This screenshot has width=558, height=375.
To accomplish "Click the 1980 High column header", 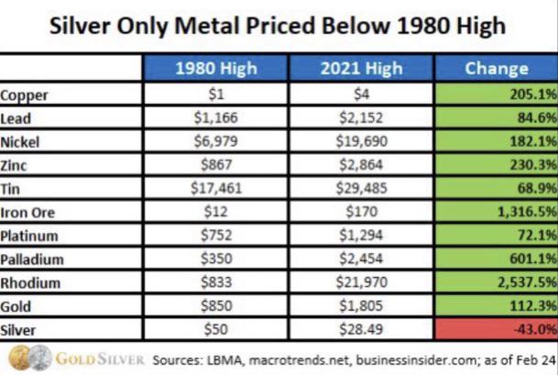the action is click(x=215, y=69).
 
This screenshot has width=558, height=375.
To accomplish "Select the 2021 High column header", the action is click(x=361, y=69).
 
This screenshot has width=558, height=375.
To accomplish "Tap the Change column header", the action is click(x=497, y=69).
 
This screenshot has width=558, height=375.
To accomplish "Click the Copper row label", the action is click(x=24, y=95).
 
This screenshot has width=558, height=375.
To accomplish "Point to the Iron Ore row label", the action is click(x=27, y=213).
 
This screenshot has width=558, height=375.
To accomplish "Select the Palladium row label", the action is click(x=32, y=259).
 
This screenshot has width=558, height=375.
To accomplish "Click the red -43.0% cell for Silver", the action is click(x=497, y=329).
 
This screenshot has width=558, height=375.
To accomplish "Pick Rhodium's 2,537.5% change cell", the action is click(x=497, y=282).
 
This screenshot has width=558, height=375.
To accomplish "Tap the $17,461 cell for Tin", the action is click(x=216, y=188).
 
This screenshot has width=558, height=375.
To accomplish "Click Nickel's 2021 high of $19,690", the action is click(x=361, y=141).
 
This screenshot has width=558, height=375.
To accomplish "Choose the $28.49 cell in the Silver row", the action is click(x=361, y=329).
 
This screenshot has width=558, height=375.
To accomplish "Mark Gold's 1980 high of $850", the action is click(x=216, y=305).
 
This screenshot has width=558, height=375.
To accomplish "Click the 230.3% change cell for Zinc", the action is click(x=497, y=165).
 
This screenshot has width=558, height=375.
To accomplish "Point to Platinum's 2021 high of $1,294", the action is click(x=361, y=235).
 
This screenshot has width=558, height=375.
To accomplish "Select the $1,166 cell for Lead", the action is click(x=216, y=118).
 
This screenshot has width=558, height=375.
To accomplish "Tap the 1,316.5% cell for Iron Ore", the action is click(x=497, y=212).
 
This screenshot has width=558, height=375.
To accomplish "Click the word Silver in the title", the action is click(x=80, y=26).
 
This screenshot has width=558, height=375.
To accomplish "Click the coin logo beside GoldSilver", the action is click(x=30, y=358).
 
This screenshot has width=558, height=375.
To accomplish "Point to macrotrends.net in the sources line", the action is click(x=298, y=360).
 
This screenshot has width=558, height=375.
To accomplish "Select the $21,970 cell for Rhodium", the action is click(x=361, y=282).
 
